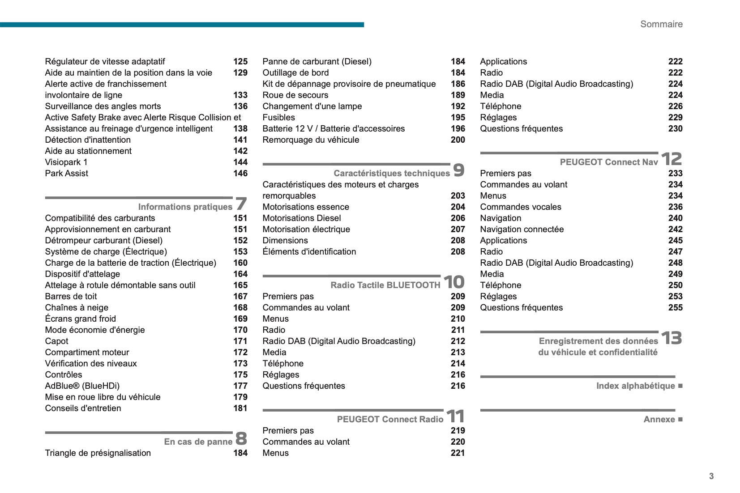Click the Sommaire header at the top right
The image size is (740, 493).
(661, 24)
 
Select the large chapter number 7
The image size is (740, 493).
(241, 204)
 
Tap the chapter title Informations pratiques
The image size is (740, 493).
(185, 207)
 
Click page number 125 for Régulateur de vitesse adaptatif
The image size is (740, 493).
(240, 61)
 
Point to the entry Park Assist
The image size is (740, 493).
(67, 173)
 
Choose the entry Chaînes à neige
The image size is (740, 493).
(77, 307)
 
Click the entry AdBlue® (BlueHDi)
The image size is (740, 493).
(82, 386)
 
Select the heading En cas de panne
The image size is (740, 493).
(198, 442)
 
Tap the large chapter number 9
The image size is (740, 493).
(458, 170)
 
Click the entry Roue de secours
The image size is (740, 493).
(295, 95)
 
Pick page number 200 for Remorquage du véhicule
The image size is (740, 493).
(458, 140)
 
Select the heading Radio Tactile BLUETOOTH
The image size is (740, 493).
(385, 285)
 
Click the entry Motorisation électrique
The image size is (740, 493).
(306, 229)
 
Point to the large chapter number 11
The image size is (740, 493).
(455, 416)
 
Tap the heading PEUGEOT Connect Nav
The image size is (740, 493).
(609, 162)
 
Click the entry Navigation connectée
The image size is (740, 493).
(522, 229)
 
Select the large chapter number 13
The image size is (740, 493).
(671, 338)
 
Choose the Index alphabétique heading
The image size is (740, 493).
(635, 386)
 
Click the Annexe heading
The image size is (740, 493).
(659, 419)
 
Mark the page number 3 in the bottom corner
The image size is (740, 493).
(711, 476)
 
